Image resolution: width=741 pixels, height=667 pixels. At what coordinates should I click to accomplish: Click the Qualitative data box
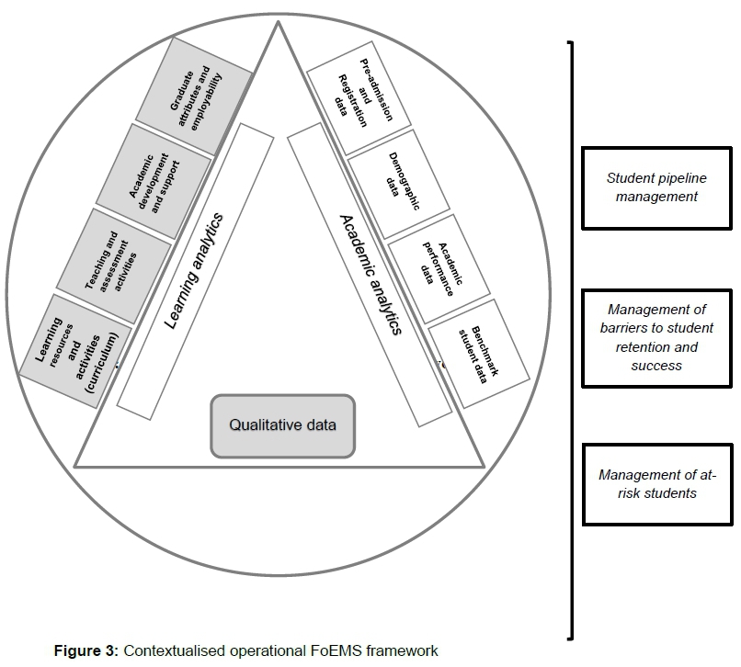282,425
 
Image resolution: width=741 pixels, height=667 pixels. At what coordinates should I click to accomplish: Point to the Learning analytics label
196,270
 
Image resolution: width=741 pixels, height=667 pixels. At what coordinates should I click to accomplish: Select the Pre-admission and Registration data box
351,96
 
